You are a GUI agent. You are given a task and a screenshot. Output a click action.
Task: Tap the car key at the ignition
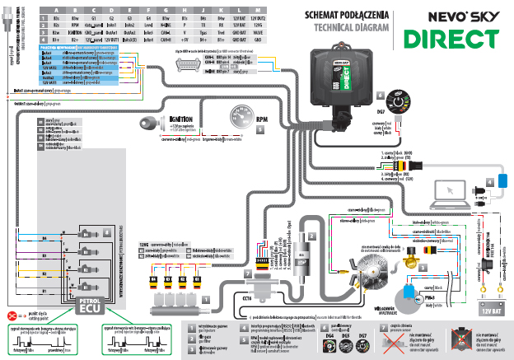click(x=151, y=124)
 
